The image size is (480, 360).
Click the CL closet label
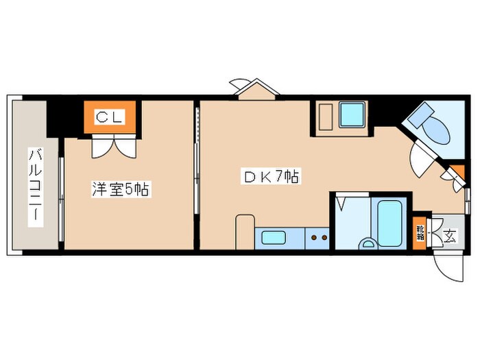[109, 117]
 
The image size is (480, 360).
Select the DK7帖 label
[269, 177]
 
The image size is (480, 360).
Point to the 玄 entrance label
[449, 236]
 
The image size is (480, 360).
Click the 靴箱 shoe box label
[420, 232]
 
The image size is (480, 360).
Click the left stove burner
[313, 239]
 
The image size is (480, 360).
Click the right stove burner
[323, 239]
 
